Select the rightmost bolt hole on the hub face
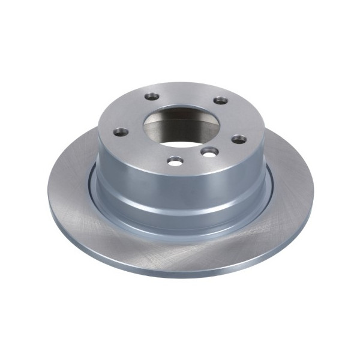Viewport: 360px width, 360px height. [239, 139]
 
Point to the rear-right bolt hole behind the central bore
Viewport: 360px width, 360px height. [221, 100]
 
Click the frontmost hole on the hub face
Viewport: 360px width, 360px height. [175, 160]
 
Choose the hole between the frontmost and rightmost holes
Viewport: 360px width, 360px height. [208, 152]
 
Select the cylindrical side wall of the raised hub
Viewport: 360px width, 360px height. [180, 192]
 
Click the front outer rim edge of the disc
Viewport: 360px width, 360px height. [180, 272]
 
